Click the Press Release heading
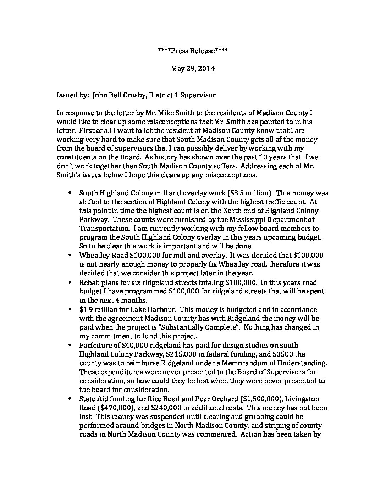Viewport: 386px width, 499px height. point(193,51)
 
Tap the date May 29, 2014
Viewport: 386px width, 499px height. point(193,68)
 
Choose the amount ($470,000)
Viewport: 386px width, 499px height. point(114,408)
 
